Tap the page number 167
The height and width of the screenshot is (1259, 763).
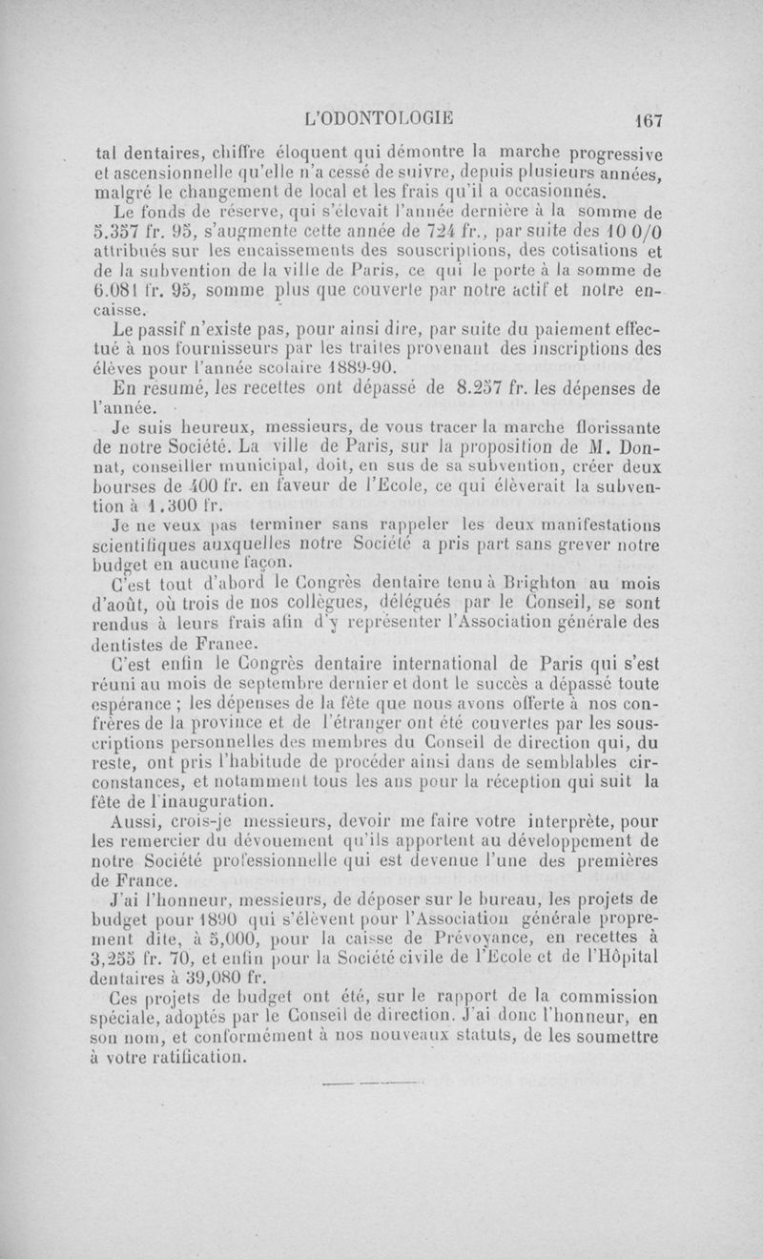(645, 120)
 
